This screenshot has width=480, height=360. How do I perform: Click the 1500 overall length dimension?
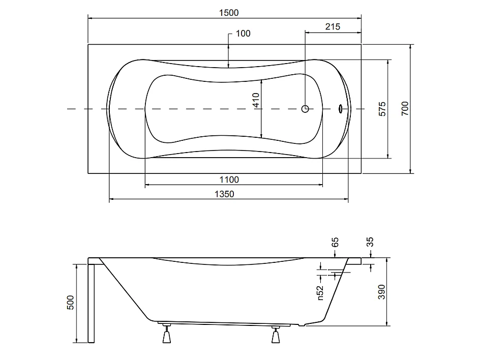click(x=229, y=13)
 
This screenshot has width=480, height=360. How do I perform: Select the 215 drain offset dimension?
click(x=333, y=27)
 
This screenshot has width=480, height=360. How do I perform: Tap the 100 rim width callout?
click(x=243, y=34)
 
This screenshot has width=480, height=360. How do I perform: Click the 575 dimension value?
click(x=382, y=109)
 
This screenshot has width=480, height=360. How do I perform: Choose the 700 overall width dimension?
click(x=405, y=108)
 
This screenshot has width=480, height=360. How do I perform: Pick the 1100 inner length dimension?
click(x=229, y=179)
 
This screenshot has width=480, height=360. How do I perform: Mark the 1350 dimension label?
click(x=224, y=194)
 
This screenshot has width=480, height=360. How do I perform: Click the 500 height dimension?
click(x=70, y=303)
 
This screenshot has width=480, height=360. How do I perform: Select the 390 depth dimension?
click(x=381, y=292)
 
